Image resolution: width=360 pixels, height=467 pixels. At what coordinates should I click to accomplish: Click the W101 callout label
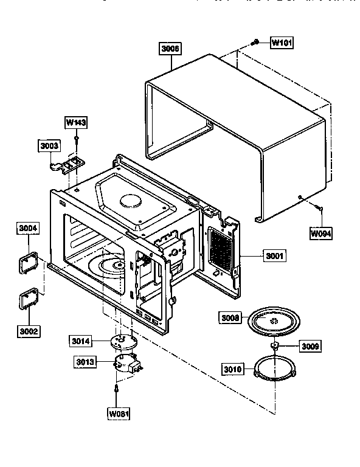[x=281, y=43]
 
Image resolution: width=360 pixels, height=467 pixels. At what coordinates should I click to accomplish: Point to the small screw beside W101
[x=256, y=43]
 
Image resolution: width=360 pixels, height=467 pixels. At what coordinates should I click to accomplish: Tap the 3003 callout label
[x=49, y=146]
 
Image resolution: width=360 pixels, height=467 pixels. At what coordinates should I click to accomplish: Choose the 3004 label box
[x=27, y=229]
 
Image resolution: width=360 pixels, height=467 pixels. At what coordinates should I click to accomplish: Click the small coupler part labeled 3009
[x=275, y=346]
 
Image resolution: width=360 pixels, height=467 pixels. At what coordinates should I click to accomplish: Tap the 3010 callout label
[x=234, y=369]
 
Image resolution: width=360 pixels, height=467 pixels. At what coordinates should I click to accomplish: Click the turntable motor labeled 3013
[x=126, y=364]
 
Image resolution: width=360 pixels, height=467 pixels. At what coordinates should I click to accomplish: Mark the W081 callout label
[x=119, y=415]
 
